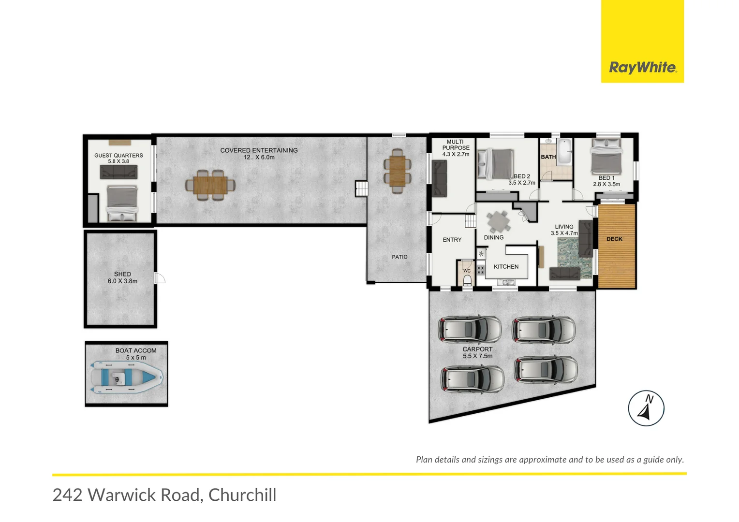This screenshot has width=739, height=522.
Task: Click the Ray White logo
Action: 642,67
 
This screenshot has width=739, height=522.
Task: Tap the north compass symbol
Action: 646,408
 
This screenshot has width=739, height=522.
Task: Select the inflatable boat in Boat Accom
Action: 126,376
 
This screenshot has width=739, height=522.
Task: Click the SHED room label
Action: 122,274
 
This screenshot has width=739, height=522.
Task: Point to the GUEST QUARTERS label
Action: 118,155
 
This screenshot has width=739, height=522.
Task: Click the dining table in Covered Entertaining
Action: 210,185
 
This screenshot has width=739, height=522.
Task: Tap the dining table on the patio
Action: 398,171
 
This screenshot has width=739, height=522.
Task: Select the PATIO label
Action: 399,257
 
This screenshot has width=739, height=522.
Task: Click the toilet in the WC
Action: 467,281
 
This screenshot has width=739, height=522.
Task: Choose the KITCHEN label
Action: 506,266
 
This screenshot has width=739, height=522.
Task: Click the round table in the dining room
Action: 498,222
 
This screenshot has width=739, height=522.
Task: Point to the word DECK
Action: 614,239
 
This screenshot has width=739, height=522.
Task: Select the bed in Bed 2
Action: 495,163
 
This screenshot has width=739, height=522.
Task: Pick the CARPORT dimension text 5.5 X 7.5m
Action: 477,356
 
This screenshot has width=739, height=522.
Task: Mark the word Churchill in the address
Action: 242,495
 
